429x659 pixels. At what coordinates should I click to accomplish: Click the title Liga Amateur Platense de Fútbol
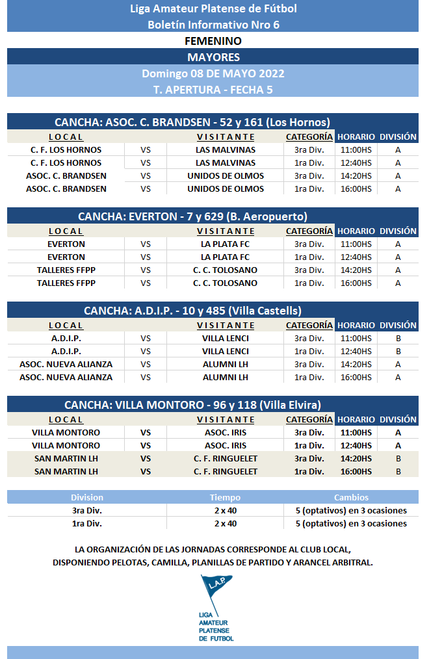[213, 8]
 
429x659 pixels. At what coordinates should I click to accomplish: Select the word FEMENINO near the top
[213, 41]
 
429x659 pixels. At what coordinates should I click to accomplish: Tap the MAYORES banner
[213, 57]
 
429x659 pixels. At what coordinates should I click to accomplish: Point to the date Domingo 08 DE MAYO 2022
[213, 73]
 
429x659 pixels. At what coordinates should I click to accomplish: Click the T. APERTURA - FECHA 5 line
[213, 90]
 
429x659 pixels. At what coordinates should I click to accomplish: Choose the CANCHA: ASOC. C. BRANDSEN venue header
[192, 122]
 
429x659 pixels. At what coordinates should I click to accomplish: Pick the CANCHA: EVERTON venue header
[192, 216]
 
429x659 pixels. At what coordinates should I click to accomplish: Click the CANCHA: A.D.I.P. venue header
[192, 311]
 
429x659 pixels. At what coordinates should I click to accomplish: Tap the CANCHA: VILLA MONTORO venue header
[192, 405]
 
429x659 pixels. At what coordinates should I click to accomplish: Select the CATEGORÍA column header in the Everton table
[309, 231]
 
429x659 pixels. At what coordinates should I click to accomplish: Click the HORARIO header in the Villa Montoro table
[356, 420]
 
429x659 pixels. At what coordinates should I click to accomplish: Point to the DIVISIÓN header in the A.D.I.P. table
[398, 325]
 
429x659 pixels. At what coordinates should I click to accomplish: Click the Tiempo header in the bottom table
[225, 497]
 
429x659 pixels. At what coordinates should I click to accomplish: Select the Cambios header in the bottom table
[351, 497]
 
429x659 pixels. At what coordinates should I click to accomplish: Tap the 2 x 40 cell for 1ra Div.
[225, 523]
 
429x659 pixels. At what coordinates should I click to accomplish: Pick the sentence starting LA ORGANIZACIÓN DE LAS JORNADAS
[213, 556]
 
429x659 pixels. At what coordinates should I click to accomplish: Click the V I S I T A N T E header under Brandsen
[226, 137]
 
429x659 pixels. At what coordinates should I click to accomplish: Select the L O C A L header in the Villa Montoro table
[66, 420]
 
